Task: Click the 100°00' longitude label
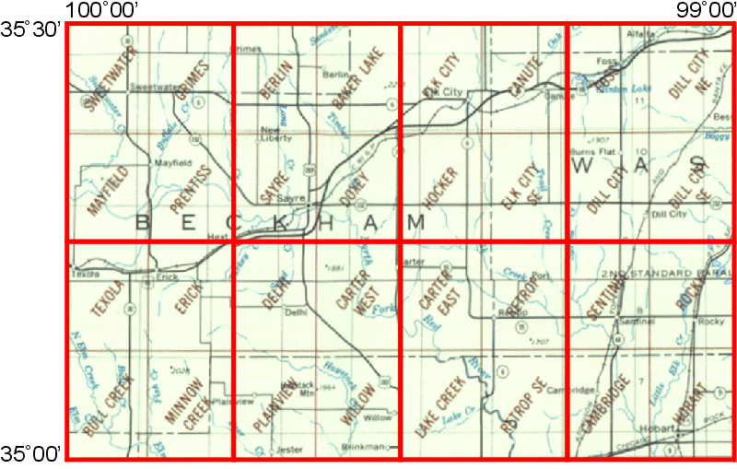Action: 102,10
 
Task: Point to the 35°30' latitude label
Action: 30,30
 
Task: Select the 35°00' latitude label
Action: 30,452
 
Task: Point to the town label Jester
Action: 289,451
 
